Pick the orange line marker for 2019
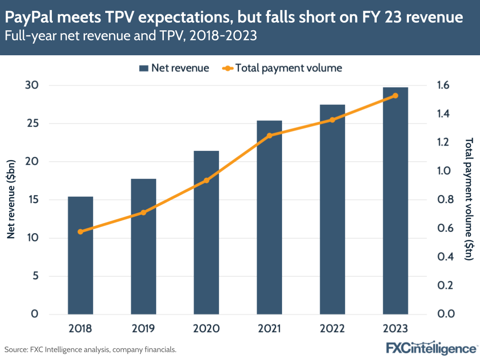click(x=143, y=212)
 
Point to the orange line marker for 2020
click(x=206, y=181)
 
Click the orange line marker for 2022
click(x=332, y=120)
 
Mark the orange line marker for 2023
click(x=395, y=96)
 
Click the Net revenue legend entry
click(x=174, y=68)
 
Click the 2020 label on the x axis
click(x=206, y=329)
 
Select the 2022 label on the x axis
click(x=332, y=329)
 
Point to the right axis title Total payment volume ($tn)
click(x=468, y=199)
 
